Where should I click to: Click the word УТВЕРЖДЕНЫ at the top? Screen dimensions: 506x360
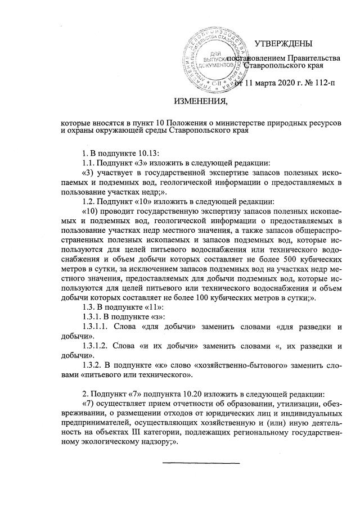coord(283,44)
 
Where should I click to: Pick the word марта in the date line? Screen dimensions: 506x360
coord(262,84)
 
